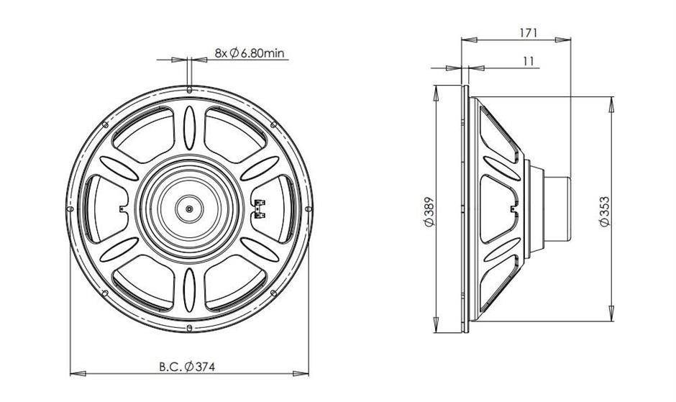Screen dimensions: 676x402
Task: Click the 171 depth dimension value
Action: click(528, 32)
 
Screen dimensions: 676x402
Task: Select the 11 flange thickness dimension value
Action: click(529, 61)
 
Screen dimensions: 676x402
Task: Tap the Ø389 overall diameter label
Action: click(429, 211)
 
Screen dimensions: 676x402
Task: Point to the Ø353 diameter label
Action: click(605, 211)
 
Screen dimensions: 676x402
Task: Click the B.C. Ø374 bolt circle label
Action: click(187, 367)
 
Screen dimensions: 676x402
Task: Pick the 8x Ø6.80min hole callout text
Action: click(250, 53)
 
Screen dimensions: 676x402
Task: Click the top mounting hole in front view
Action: click(189, 90)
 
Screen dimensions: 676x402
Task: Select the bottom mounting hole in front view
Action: click(189, 328)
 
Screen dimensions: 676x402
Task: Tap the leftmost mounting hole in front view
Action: click(70, 209)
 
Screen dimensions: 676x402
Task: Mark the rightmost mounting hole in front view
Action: click(309, 209)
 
